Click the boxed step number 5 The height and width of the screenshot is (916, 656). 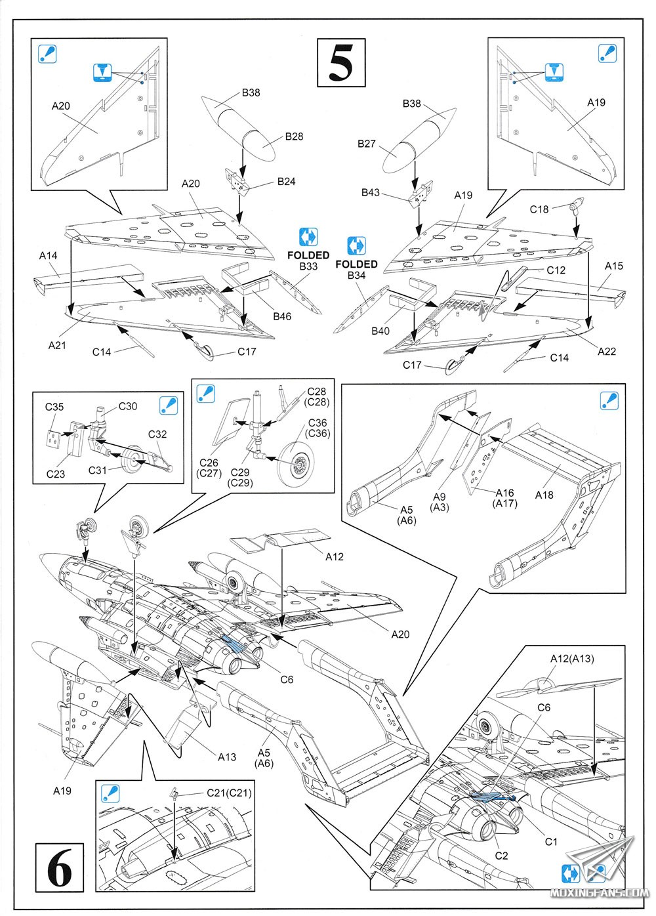click(x=341, y=63)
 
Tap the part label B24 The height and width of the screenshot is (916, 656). click(x=286, y=182)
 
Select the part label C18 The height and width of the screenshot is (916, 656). click(x=539, y=209)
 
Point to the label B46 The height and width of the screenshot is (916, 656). click(x=282, y=316)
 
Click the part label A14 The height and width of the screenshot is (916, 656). click(x=49, y=256)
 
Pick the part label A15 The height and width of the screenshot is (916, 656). click(x=614, y=266)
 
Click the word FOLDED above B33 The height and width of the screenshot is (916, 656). click(x=308, y=255)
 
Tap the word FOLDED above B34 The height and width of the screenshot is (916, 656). click(x=356, y=264)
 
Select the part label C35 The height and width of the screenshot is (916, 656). click(x=54, y=407)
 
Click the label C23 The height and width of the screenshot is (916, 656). click(x=56, y=474)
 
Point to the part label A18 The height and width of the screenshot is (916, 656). click(x=544, y=495)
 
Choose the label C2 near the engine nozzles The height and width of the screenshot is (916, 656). click(x=501, y=856)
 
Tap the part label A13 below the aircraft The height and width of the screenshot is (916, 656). click(x=227, y=757)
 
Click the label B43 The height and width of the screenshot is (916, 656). click(x=371, y=193)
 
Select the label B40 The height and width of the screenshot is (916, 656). click(x=380, y=331)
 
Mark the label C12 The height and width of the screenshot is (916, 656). click(x=556, y=270)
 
